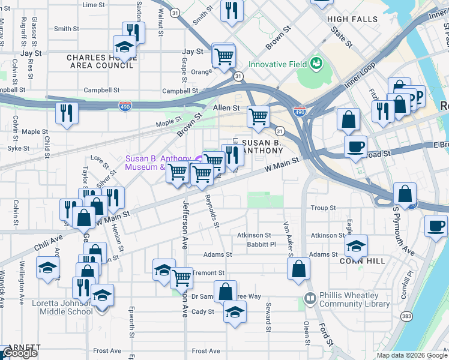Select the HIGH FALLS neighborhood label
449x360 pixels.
[352, 19]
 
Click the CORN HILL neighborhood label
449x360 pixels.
[360, 262]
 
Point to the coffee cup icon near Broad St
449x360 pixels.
[355, 146]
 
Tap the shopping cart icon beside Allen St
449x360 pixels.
[258, 116]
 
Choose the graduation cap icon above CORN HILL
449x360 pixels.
[356, 245]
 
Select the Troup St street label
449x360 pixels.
[323, 208]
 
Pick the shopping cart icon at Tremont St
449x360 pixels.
[181, 277]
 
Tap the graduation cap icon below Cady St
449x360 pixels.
[235, 311]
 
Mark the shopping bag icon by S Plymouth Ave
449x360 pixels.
[405, 194]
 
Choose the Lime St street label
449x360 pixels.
[93, 5]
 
